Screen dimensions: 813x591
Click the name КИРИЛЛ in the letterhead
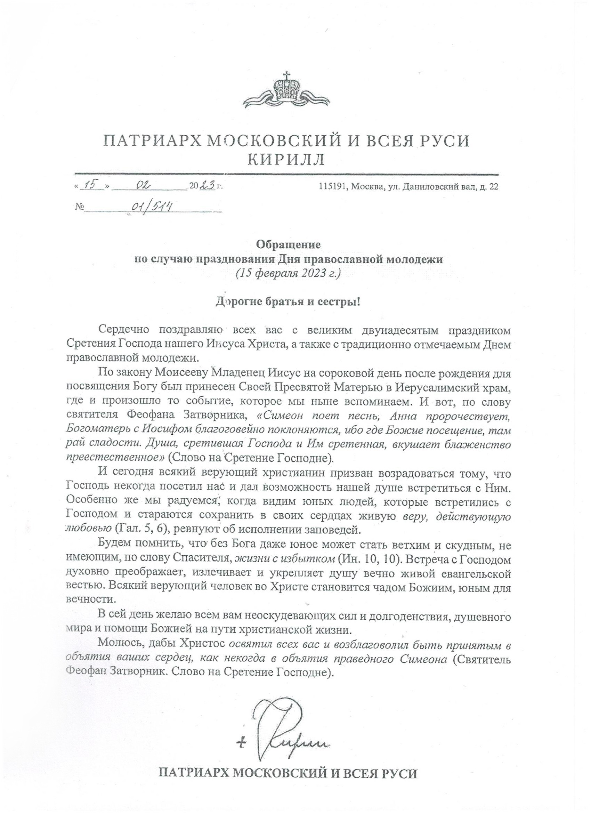[x=286, y=160]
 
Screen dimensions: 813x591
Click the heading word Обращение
[x=288, y=245]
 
